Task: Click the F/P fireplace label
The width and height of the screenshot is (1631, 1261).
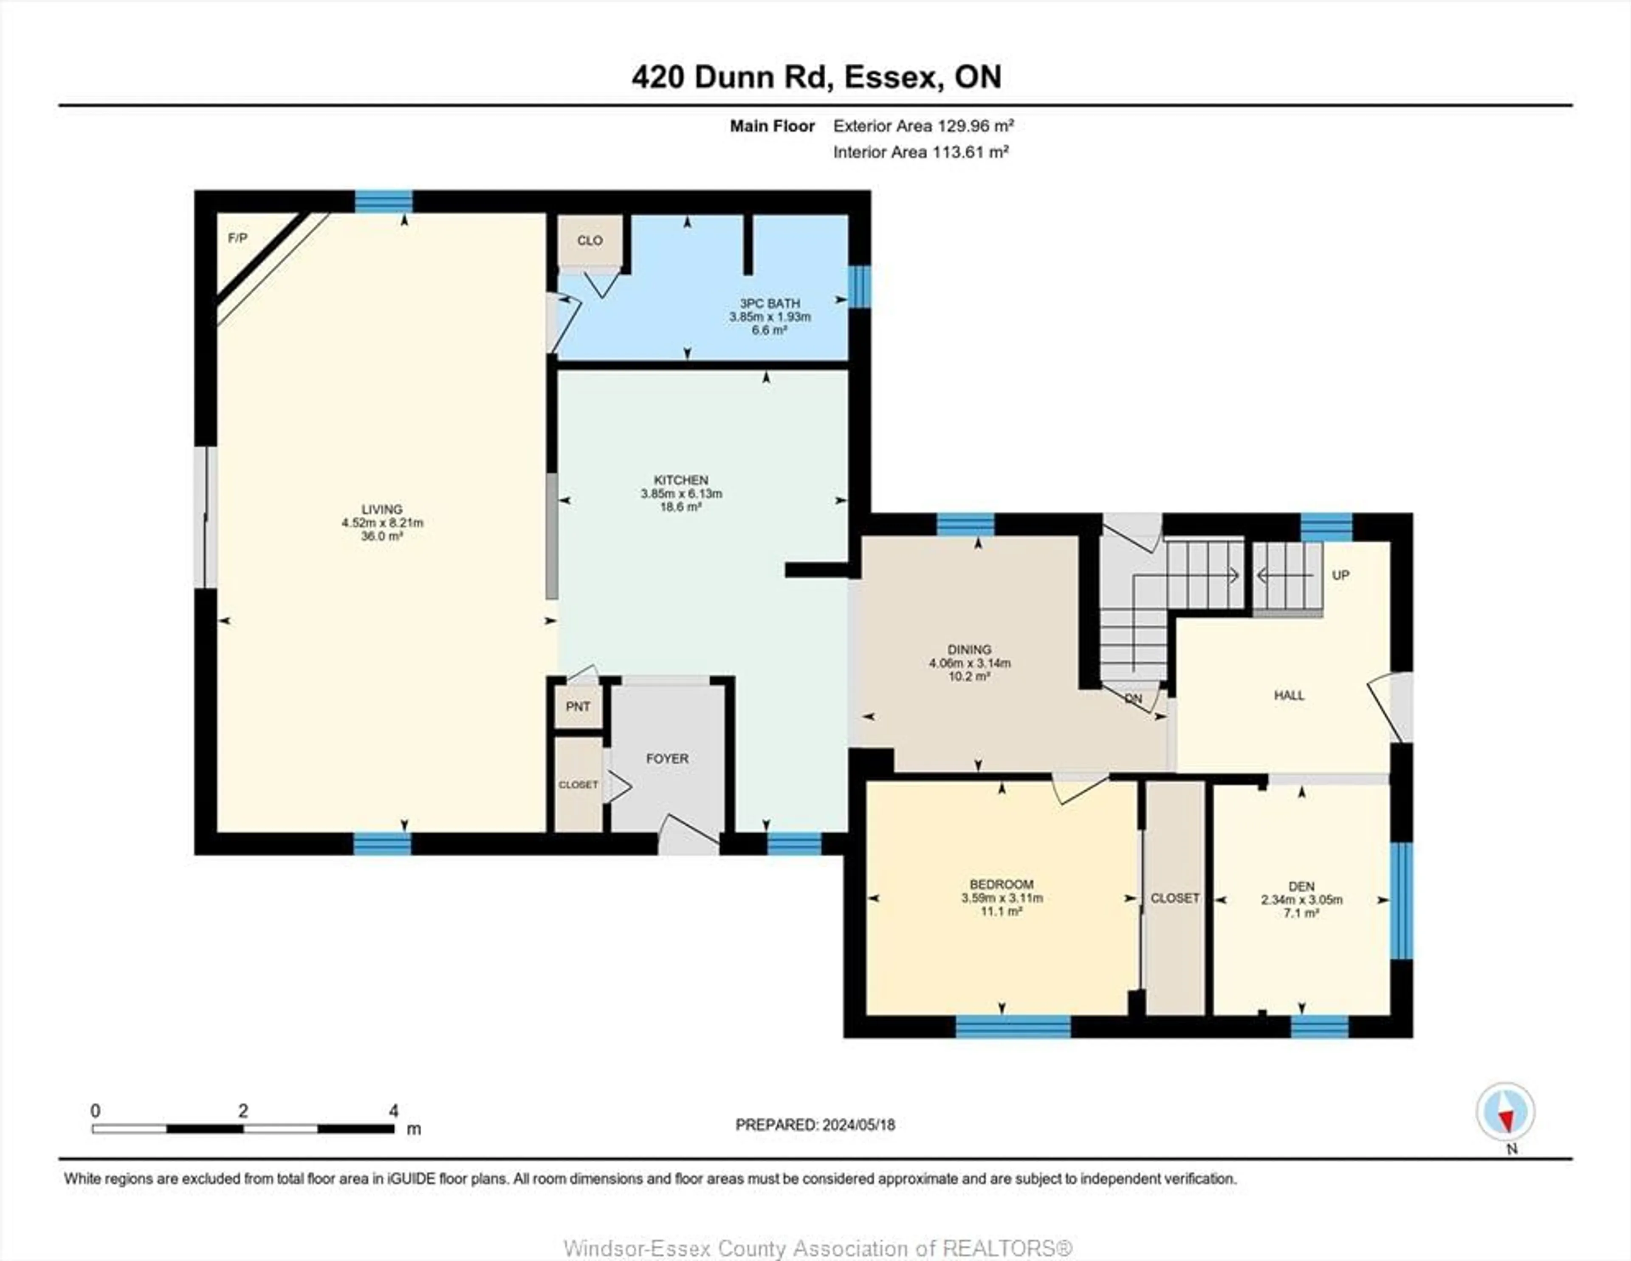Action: (237, 238)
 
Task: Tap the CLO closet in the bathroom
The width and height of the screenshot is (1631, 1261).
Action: (590, 240)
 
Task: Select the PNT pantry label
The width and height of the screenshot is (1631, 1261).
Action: (578, 706)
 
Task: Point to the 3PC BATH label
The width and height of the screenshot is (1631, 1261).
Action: (770, 303)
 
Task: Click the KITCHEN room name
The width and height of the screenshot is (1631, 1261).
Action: (681, 480)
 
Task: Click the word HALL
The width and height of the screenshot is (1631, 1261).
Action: (1289, 695)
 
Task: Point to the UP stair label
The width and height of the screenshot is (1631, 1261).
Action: (1340, 576)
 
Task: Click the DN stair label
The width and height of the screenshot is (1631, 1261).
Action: (1134, 699)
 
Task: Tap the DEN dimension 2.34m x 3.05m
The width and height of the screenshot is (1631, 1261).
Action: (1302, 900)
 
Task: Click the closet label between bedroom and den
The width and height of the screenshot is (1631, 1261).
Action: (1175, 898)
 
